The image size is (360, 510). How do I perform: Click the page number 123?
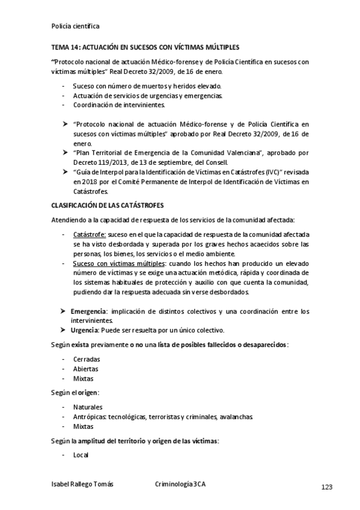326,487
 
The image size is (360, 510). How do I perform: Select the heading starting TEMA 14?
145,46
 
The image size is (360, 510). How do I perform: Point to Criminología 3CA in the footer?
180,484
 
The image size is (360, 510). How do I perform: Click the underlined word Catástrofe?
90,234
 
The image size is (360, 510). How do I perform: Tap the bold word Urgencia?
84,330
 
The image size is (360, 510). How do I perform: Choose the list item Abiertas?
86,369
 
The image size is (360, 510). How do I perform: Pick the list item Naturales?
88,407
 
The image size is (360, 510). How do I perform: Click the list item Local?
81,455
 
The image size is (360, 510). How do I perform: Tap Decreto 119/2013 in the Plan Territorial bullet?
100,163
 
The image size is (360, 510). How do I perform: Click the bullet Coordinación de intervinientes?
119,105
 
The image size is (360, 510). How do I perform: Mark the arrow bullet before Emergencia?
63,311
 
